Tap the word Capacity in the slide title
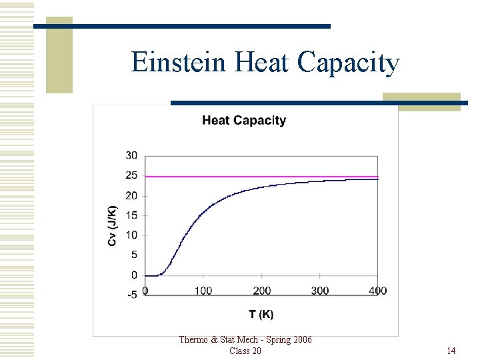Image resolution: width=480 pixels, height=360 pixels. (x=348, y=63)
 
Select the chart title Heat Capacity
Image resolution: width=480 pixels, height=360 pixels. (x=244, y=121)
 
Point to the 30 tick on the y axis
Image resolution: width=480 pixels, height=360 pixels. (x=131, y=156)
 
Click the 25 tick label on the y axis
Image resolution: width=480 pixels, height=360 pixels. (x=131, y=176)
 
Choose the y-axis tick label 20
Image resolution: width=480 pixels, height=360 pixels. (x=131, y=196)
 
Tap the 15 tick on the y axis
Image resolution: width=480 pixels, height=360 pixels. (x=131, y=215)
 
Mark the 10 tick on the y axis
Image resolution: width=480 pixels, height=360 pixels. (x=131, y=235)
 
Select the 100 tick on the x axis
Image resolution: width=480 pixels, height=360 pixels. (x=203, y=291)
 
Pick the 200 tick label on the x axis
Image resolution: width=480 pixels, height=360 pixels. (x=262, y=291)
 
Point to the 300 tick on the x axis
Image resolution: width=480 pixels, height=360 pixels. (x=320, y=291)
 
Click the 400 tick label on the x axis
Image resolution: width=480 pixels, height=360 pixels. (x=378, y=291)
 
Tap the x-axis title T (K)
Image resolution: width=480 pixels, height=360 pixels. (x=261, y=314)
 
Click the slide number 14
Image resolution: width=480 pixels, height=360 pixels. (x=451, y=351)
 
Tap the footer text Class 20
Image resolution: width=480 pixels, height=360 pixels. (x=245, y=351)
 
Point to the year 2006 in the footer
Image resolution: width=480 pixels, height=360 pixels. (x=301, y=340)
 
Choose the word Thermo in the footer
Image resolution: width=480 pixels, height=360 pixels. (x=194, y=340)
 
